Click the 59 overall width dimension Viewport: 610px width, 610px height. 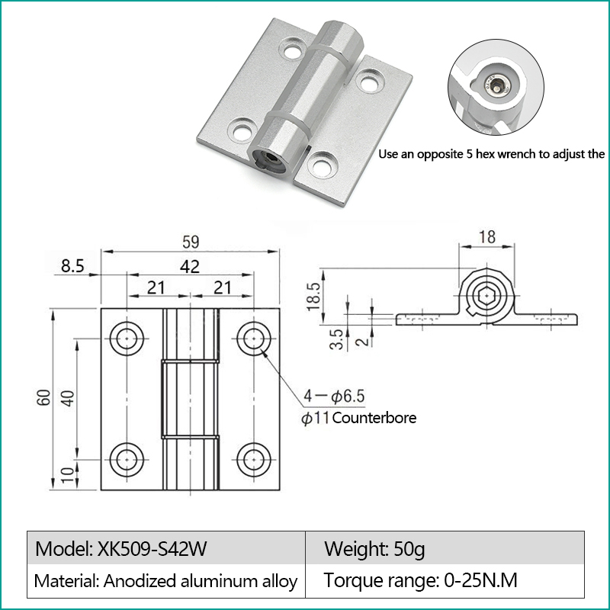tap(191, 242)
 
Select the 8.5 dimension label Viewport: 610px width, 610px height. tap(72, 266)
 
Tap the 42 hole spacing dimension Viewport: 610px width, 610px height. tap(190, 266)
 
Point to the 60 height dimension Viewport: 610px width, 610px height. tap(44, 397)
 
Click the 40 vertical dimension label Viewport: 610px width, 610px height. tap(67, 398)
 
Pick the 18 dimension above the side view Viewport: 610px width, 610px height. tap(487, 237)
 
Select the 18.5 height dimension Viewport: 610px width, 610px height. tap(313, 297)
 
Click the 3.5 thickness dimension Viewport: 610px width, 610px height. tap(336, 339)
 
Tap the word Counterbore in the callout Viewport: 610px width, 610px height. tap(374, 418)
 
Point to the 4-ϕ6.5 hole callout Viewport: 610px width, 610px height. tap(334, 396)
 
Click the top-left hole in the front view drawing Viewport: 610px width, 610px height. tap(127, 339)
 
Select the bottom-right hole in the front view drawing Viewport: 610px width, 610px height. tap(254, 460)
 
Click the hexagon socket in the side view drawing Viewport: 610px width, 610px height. tap(486, 297)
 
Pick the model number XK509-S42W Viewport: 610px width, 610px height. tap(152, 549)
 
